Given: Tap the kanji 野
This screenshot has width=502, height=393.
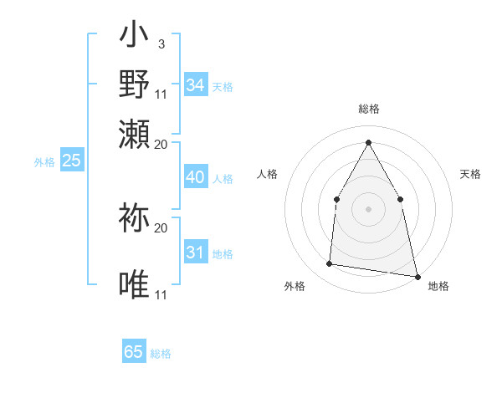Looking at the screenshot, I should point(135,85).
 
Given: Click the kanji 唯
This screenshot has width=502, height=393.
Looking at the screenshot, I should point(135,284).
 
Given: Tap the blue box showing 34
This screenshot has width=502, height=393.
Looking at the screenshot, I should point(196,85).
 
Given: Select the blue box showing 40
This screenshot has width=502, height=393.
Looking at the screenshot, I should point(196,177).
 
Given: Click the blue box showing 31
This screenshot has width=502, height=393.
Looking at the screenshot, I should point(196,253).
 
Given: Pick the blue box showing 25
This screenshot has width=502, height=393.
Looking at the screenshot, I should point(72,161).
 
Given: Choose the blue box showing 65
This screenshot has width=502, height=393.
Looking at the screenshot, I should point(134,352).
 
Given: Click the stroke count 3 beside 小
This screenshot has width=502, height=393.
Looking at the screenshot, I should point(161,43).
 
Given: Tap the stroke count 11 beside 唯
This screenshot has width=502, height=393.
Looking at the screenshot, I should point(161,295).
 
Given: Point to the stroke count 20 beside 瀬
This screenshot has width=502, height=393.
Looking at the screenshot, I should point(161,144).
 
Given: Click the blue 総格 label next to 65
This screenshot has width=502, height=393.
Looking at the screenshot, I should point(161,354).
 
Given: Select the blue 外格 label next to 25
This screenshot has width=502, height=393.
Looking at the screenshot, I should point(44,162).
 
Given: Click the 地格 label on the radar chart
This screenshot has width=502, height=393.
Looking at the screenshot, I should point(438,287).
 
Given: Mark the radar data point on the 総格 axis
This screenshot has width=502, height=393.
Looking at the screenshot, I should point(368,141).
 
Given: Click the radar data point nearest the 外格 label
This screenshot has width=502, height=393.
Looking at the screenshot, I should point(330,264).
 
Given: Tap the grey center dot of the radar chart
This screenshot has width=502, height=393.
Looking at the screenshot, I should point(368,209).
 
